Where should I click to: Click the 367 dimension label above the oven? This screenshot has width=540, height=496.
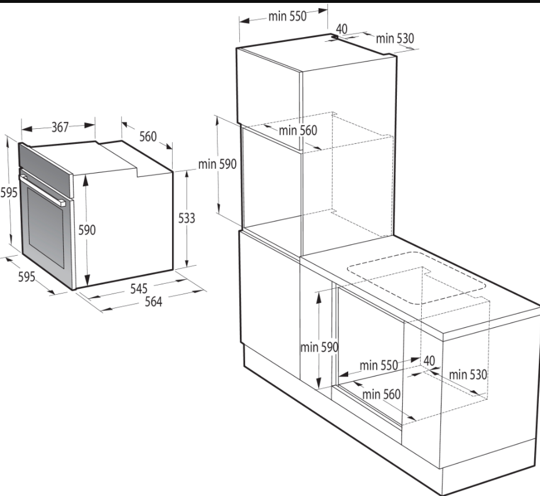pos(60,127)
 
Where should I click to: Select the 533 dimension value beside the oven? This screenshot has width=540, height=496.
pos(187,218)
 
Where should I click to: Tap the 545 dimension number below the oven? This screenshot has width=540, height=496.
pos(139,289)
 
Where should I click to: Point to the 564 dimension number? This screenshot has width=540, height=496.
pos(154,302)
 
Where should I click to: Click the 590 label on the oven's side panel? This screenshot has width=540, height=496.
pos(87,230)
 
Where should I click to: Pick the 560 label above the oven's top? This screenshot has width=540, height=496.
pos(148,136)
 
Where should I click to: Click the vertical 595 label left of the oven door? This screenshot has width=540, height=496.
pos(9,192)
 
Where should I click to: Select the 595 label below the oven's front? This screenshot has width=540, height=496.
pos(27,276)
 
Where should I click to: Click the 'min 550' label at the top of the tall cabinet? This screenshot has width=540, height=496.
pos(287,16)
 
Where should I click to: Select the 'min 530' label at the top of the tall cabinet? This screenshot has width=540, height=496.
pos(395,38)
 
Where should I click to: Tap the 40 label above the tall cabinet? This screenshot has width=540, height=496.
pos(341,29)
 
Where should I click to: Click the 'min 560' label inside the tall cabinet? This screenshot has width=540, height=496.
pos(298,131)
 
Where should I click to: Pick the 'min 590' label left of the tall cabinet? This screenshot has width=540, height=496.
pos(217,164)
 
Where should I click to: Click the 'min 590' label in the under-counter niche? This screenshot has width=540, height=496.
pos(319,347)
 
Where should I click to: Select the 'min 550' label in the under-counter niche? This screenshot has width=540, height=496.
pos(379,365)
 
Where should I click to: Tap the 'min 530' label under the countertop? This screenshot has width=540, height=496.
pos(468,374)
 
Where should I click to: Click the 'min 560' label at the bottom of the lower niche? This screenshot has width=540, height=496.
pos(382,394)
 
